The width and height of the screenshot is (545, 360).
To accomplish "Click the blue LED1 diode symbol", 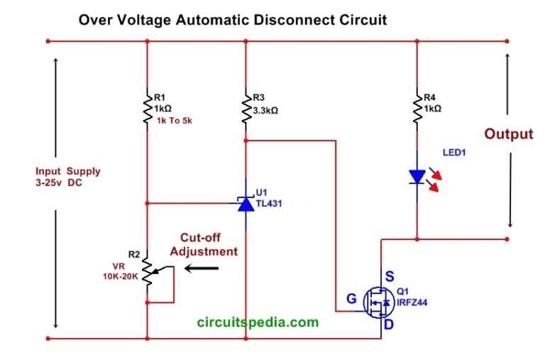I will click(x=417, y=177).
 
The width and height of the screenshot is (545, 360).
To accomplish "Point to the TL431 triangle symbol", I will click(x=245, y=204).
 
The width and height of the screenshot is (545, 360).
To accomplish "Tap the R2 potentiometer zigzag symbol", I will click(x=147, y=273).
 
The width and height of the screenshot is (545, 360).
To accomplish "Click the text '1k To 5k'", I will click(x=174, y=121).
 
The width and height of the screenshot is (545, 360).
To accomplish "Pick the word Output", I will click(x=508, y=134).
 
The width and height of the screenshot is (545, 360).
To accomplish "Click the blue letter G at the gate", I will click(x=351, y=299).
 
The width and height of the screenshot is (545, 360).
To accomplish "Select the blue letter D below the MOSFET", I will click(x=388, y=324).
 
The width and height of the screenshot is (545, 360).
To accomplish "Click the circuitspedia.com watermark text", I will click(x=258, y=322).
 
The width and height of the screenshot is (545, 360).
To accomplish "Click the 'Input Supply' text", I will click(x=68, y=171).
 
